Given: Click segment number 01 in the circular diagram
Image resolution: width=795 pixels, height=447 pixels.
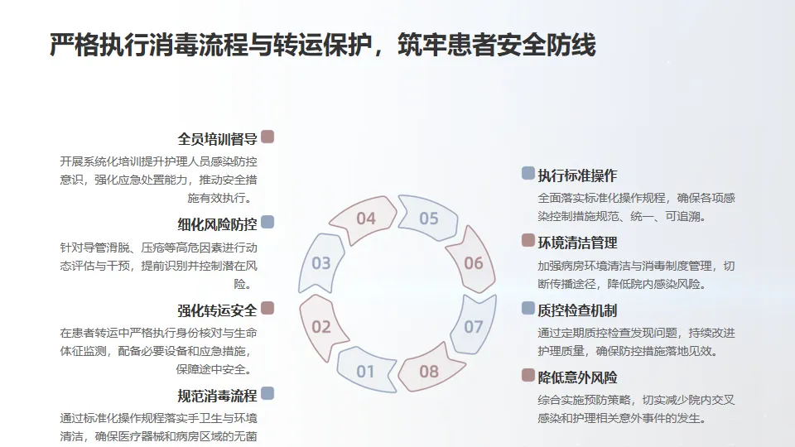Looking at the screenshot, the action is [x=365, y=371].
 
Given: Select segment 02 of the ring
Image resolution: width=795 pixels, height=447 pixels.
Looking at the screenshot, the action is [x=321, y=326].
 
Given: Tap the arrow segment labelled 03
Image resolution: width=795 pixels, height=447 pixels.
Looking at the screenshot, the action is [x=321, y=263].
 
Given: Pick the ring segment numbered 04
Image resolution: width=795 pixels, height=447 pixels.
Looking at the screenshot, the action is [x=365, y=219].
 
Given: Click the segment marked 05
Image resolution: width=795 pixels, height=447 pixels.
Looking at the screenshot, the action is [x=428, y=219].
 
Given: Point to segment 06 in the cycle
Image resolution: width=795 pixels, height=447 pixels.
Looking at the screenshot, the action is [x=473, y=263].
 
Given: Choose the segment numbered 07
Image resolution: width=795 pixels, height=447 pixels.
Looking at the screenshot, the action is [x=473, y=326].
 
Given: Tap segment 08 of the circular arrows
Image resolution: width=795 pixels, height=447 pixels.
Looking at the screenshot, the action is [x=428, y=371].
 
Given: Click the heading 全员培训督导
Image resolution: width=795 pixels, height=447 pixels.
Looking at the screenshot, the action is [x=217, y=139].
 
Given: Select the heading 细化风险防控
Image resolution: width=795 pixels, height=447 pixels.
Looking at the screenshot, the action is [x=217, y=224].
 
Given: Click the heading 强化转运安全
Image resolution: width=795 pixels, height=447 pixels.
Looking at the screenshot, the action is [x=217, y=310].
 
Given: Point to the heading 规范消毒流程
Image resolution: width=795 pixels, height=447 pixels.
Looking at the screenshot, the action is [x=217, y=396].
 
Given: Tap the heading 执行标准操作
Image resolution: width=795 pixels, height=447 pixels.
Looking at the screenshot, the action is [x=577, y=175].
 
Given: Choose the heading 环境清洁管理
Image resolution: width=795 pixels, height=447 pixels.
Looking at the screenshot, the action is [x=577, y=243].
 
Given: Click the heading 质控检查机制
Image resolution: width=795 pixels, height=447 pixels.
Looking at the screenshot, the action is [x=577, y=310].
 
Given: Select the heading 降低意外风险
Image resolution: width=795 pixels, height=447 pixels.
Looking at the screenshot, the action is [x=577, y=377].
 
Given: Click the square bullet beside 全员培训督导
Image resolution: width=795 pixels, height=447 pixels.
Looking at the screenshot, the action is [x=267, y=137].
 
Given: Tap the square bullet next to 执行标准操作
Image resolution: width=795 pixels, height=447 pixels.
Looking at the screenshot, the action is [x=528, y=173].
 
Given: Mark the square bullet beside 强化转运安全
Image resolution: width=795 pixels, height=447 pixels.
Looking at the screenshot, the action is [x=267, y=308].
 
